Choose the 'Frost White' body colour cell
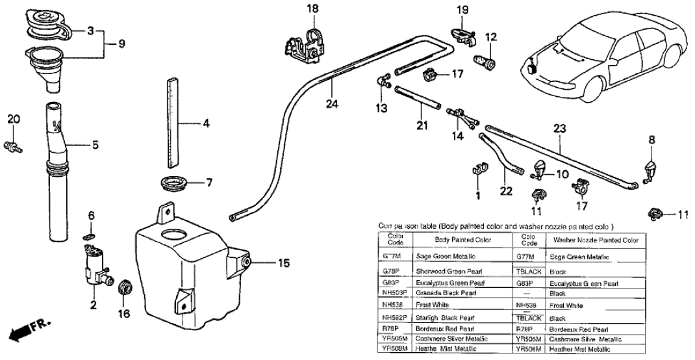point(435,305)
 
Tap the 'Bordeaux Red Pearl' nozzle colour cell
point(578,329)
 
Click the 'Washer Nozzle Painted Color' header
point(596,240)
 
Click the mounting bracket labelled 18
point(302,43)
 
